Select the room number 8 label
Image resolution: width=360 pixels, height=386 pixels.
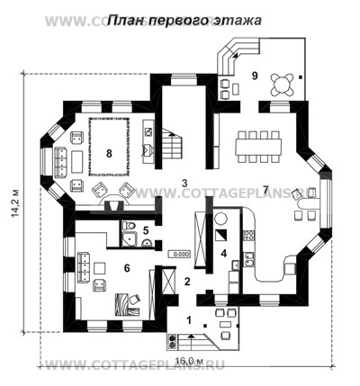pyautogui.click(x=109, y=154)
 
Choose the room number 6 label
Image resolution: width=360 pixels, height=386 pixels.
pyautogui.click(x=126, y=267)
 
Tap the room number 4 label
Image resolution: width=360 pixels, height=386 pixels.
pyautogui.click(x=223, y=252)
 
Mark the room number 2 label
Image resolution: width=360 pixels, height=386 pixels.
pyautogui.click(x=187, y=283)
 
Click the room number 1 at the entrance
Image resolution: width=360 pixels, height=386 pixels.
pyautogui.click(x=188, y=319)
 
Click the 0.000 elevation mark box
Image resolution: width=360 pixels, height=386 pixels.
pyautogui.click(x=179, y=254)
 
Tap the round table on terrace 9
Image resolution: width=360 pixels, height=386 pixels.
pyautogui.click(x=284, y=83)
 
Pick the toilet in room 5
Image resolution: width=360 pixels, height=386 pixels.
pyautogui.click(x=130, y=226)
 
